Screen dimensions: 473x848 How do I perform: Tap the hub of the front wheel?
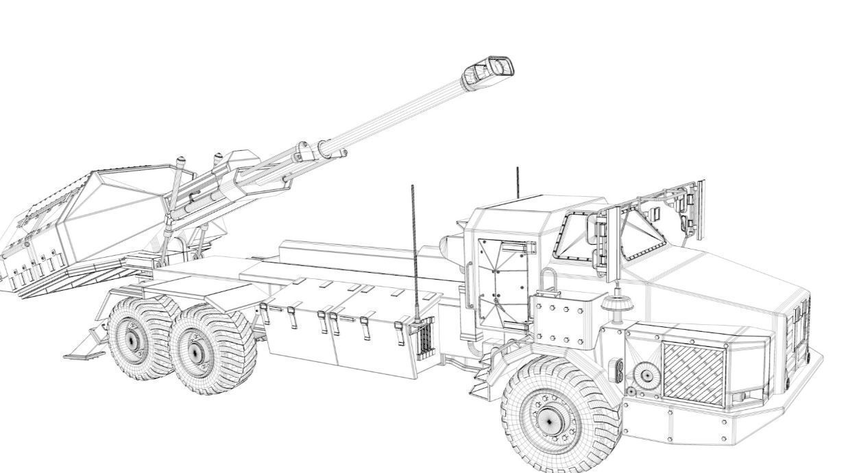pyautogui.click(x=550, y=420)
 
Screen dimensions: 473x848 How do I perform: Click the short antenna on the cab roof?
pyautogui.click(x=518, y=181)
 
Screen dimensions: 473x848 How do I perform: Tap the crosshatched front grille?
pyautogui.click(x=693, y=373)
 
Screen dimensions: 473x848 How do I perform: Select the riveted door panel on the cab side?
pyautogui.click(x=502, y=281)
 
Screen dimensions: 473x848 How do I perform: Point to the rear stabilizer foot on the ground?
pyautogui.click(x=84, y=354)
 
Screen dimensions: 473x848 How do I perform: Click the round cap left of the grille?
pyautogui.click(x=645, y=375)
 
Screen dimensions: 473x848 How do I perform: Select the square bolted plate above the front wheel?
pyautogui.click(x=559, y=319)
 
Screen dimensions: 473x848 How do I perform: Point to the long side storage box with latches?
pyautogui.click(x=343, y=336)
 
